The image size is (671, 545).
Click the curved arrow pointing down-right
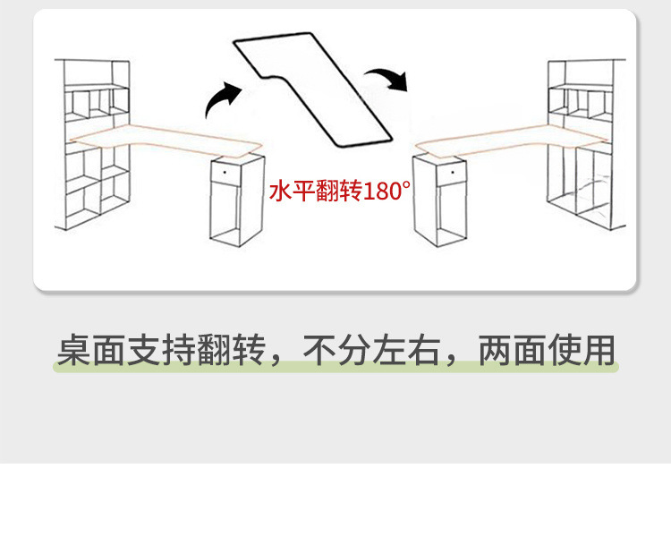(390, 78)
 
